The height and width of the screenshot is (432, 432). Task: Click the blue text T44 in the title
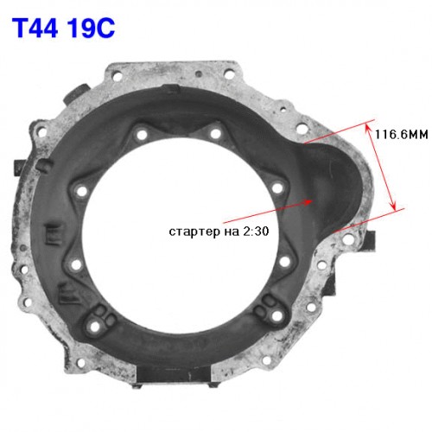coord(35,28)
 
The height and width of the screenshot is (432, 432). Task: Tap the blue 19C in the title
coord(91,28)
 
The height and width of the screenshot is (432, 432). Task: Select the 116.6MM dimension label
coord(401,134)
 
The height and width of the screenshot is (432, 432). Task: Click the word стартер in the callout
coord(194,232)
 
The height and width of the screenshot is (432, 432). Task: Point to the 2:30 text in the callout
coord(256,231)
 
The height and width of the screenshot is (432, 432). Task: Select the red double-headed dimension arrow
coord(380,166)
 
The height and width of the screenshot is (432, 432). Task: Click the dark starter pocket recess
coord(331,184)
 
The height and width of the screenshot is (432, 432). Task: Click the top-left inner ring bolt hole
coord(142,134)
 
